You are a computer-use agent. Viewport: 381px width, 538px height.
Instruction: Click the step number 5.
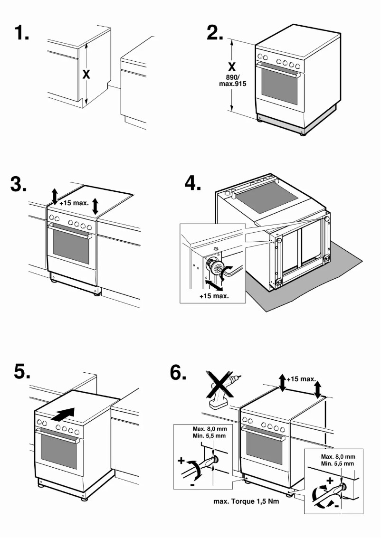[x=22, y=372]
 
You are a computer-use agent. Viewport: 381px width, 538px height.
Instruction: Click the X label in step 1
[x=86, y=75]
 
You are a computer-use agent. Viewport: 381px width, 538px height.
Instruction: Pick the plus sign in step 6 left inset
[x=181, y=460]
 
